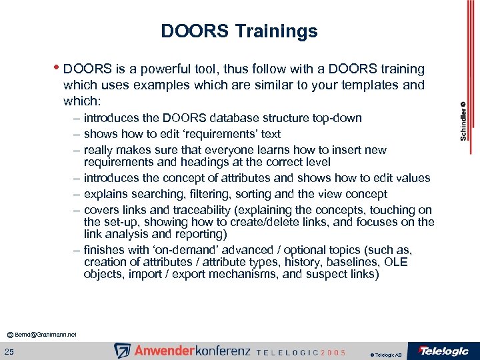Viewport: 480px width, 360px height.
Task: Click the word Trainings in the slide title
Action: (x=281, y=31)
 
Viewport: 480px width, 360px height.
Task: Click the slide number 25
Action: (x=11, y=351)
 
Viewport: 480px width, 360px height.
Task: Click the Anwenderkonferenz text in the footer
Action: (x=191, y=351)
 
